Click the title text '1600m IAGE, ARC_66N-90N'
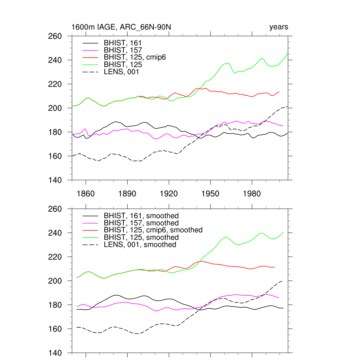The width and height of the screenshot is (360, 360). click(x=121, y=27)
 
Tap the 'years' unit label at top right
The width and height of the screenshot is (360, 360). click(x=279, y=27)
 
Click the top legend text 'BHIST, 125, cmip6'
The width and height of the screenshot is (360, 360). click(x=135, y=57)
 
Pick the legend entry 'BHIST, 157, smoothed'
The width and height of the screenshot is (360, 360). click(x=141, y=223)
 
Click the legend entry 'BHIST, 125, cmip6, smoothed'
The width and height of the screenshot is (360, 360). click(x=153, y=230)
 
